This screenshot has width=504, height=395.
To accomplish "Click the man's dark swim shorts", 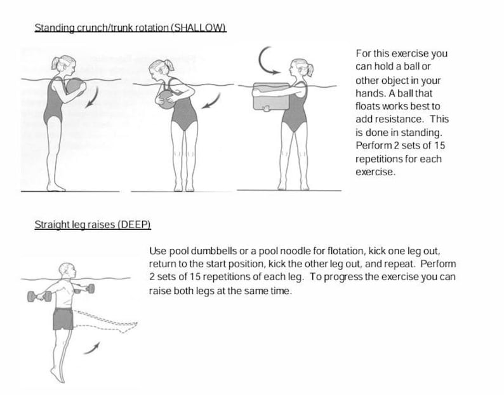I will point(63,318).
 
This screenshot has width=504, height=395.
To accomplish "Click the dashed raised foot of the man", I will point(130,326).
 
